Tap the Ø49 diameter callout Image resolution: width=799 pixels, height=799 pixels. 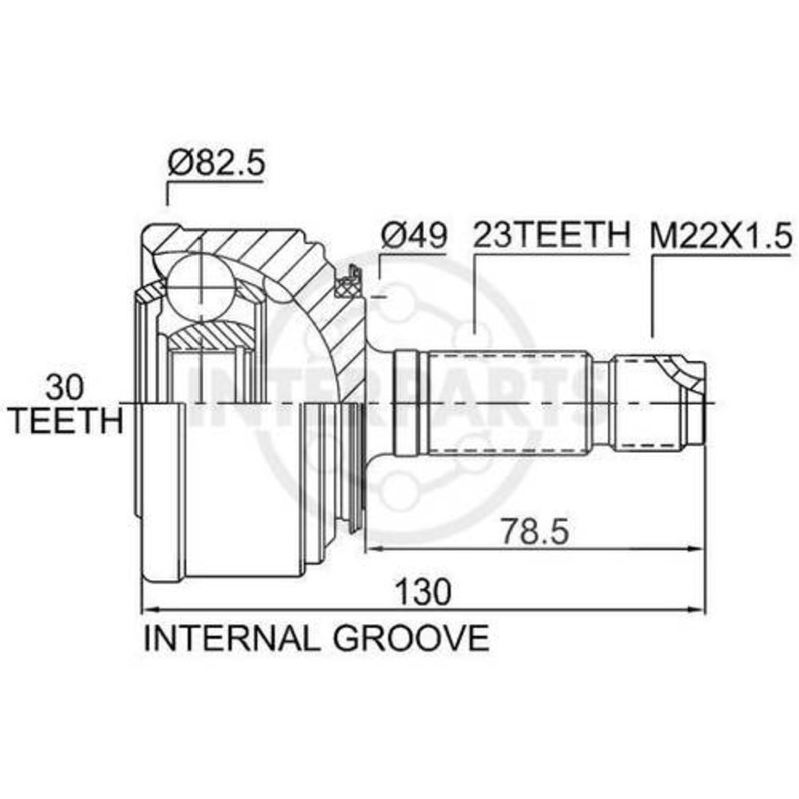[x=413, y=236]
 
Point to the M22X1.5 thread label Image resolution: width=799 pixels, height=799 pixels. [x=721, y=236]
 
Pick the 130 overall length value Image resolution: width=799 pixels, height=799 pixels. [x=424, y=591]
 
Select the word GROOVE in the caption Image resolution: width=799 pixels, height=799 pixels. [x=411, y=638]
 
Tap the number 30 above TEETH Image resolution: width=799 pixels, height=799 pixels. [x=64, y=387]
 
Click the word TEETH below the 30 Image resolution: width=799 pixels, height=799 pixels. [x=67, y=420]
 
